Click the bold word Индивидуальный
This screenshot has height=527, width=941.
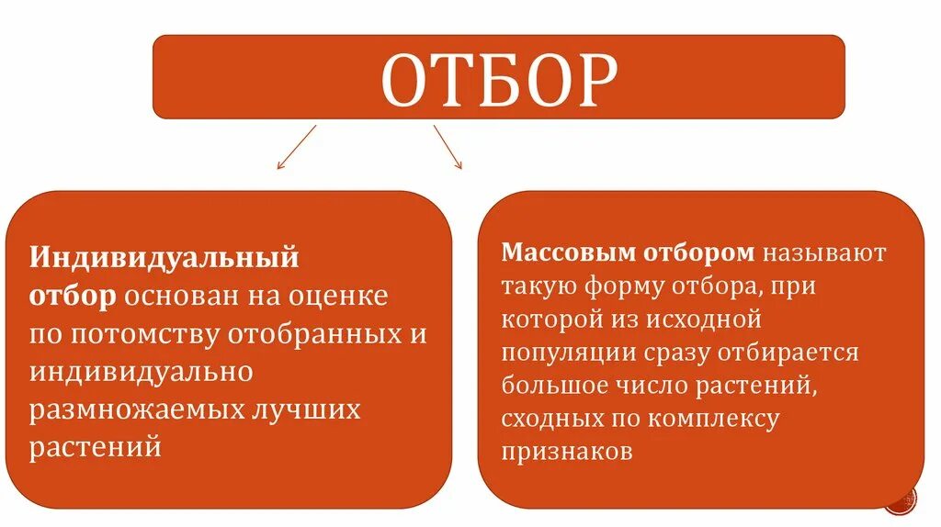pos(164,258)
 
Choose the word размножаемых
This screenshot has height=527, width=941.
pos(137,410)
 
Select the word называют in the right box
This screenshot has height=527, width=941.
pos(822,252)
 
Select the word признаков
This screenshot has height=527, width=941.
pos(567,453)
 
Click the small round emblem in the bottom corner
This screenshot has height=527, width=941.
pos(903,501)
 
